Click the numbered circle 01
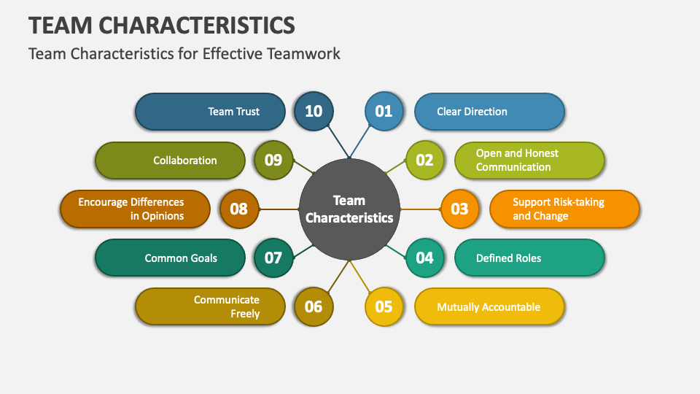(x=384, y=112)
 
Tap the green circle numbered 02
(x=424, y=161)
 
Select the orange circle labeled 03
(x=459, y=209)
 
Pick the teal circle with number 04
(x=424, y=258)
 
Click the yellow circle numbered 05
(x=384, y=306)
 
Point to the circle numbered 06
(x=313, y=306)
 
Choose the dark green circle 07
(x=273, y=258)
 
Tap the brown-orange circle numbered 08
(x=238, y=209)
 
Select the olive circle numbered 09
(x=273, y=161)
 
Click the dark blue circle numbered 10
(x=313, y=112)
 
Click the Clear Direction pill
(x=489, y=112)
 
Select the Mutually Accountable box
(x=489, y=306)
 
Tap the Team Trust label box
(x=210, y=112)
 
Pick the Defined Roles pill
(x=529, y=258)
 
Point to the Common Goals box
(x=170, y=258)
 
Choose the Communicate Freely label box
(x=210, y=306)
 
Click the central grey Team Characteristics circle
(x=349, y=209)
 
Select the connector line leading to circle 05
(x=362, y=278)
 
